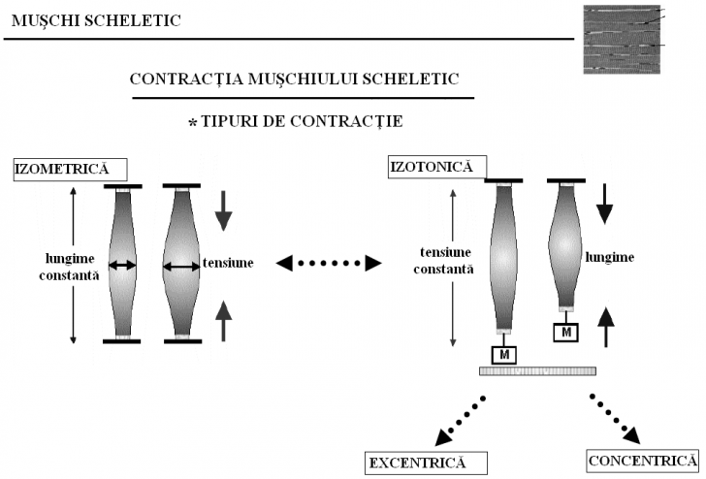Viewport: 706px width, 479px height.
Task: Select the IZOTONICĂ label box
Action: pyautogui.click(x=431, y=167)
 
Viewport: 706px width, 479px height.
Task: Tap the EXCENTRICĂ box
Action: pyautogui.click(x=417, y=463)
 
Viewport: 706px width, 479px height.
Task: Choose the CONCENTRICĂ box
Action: pyautogui.click(x=642, y=460)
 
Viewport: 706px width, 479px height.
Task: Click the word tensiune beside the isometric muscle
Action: pyautogui.click(x=228, y=261)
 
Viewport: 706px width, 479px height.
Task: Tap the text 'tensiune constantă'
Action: pyautogui.click(x=444, y=261)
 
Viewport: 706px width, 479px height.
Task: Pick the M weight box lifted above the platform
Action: pyautogui.click(x=566, y=333)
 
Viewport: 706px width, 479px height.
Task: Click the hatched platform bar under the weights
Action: pyautogui.click(x=537, y=371)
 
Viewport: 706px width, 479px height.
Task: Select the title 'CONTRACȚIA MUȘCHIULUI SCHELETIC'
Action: pyautogui.click(x=301, y=79)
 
